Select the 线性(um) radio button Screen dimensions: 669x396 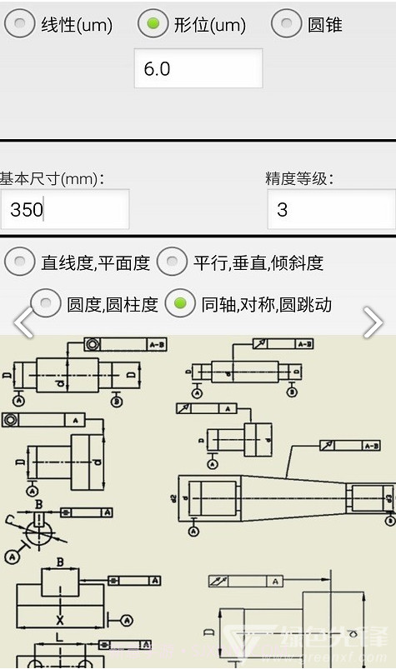pos(20,24)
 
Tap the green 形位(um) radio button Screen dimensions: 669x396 pos(153,24)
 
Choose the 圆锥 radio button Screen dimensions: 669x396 pos(286,24)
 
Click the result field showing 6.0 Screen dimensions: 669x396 pos(198,68)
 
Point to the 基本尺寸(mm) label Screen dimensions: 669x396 pos(52,178)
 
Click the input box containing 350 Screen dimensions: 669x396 pos(65,209)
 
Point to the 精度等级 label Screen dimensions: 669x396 pos(299,178)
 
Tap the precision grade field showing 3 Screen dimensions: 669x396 pos(331,209)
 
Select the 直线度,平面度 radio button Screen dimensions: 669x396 pos(20,262)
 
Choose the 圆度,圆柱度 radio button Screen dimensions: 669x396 pos(46,304)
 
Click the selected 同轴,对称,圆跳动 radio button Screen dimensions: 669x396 pos(180,304)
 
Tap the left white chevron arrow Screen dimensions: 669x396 pos(23,323)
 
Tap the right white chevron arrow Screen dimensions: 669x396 pos(373,323)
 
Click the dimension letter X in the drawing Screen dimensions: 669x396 pos(60,621)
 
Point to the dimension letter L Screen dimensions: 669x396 pos(59,637)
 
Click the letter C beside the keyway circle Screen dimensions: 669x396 pos(10,522)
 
